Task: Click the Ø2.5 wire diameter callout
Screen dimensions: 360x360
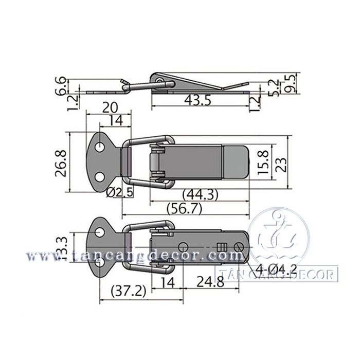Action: click(121, 192)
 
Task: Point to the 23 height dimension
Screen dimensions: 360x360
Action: click(281, 166)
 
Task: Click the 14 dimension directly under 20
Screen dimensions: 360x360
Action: click(115, 121)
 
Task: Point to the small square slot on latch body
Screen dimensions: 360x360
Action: click(222, 245)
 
